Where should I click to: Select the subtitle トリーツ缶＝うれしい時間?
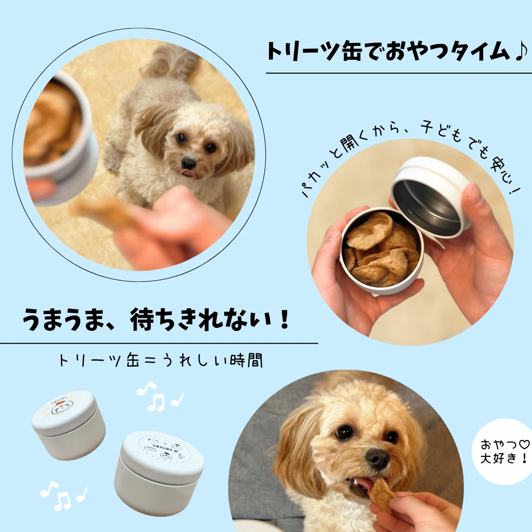[161, 360]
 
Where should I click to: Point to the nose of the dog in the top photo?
[189, 163]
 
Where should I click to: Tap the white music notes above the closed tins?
[159, 397]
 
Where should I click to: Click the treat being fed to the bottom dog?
[382, 494]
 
